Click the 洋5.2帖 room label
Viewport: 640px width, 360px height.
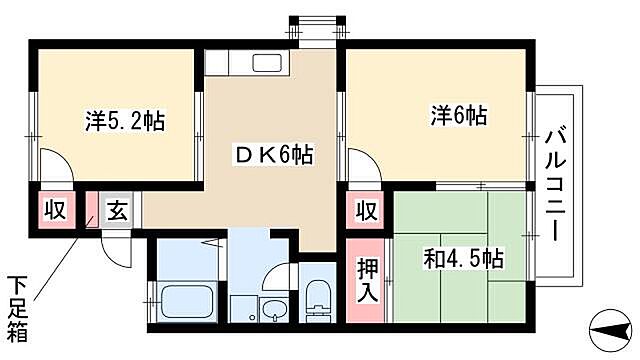(125, 122)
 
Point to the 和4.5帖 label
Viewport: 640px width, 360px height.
(461, 258)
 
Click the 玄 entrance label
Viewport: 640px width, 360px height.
(117, 211)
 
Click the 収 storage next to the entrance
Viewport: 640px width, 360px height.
(54, 210)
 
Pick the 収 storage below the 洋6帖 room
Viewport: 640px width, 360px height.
(367, 211)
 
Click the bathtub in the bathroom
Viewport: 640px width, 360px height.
(184, 300)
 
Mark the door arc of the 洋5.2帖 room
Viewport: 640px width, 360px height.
(52, 165)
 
